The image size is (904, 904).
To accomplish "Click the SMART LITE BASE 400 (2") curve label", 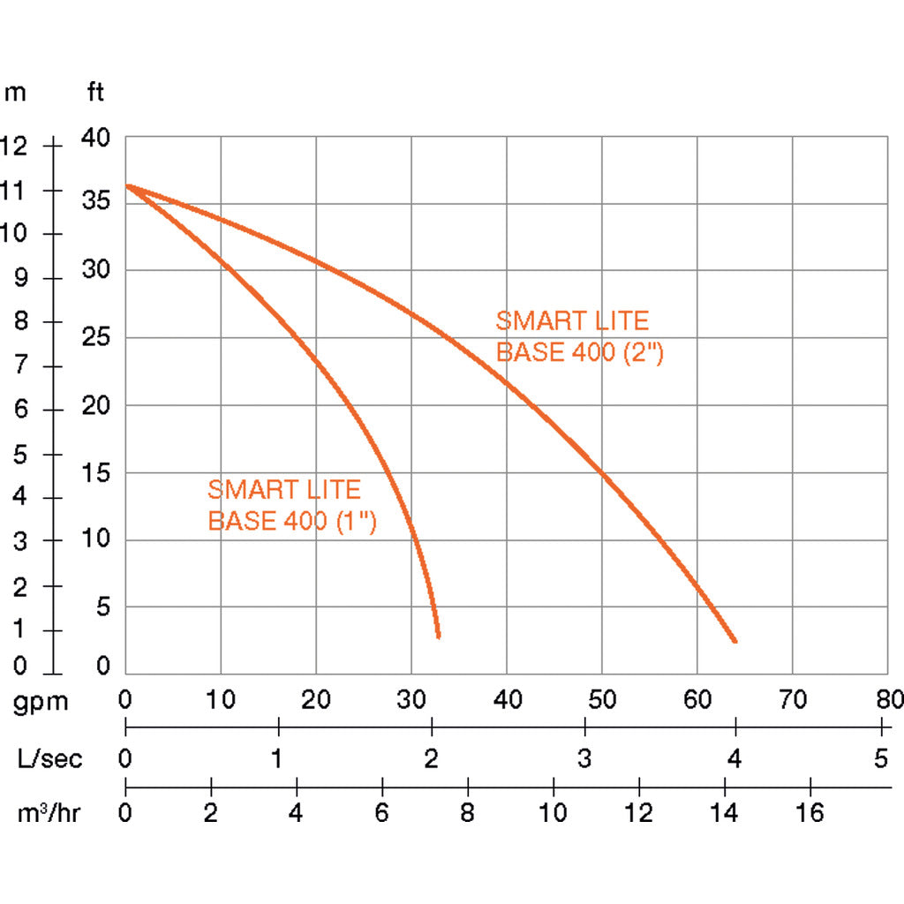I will pos(578,335).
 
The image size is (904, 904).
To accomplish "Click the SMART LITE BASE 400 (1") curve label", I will pos(292,505).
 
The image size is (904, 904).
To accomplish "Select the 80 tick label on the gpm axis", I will pos(887,700).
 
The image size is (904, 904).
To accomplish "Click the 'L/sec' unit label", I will pos(50,758).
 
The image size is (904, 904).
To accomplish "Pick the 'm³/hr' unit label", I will pos(49,813).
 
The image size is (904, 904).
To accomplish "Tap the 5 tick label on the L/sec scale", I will pos(880,758).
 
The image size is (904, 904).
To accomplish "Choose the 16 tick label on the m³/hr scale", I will pos(810,813).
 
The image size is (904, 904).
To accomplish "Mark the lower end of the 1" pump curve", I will pos(438,635).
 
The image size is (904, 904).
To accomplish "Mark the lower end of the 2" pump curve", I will pos(734,640).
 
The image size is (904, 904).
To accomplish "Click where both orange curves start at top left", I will pos(127,186).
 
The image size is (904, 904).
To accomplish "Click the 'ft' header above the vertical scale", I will pos(95,92).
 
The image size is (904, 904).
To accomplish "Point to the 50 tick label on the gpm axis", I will pos(601,700).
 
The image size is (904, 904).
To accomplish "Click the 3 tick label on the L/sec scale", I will pos(584,758).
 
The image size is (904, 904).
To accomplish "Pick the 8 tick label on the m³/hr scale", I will pos(467,813).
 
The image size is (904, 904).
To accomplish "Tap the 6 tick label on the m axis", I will pos(20,410).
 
